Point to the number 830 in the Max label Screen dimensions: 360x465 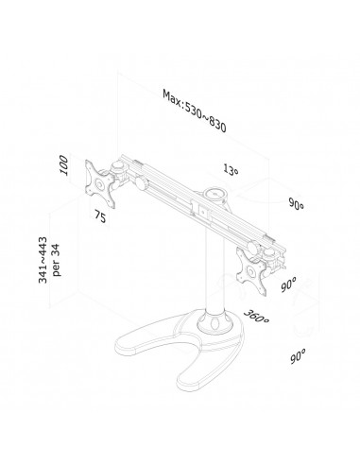coord(216,124)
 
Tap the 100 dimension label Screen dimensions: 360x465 coord(63,164)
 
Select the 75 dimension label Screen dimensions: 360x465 coord(100,217)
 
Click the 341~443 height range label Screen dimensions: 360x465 coord(43,260)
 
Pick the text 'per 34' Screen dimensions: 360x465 coord(56,260)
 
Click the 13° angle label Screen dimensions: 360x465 coord(231,169)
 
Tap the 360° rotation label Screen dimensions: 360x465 coord(256,317)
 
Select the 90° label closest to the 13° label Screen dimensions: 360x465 coord(296,203)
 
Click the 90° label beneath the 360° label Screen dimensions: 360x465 coord(298,356)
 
